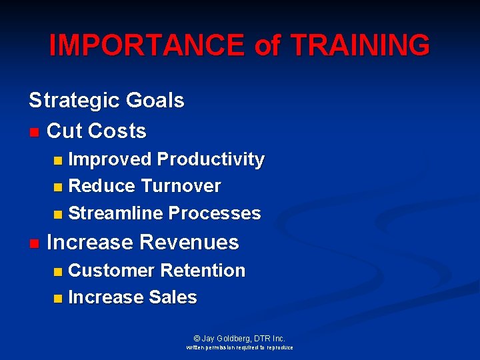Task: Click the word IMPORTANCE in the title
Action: point(147,45)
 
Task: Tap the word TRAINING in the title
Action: point(361,45)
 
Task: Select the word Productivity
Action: point(211,160)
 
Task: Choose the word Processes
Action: point(215,213)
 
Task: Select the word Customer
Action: point(111,271)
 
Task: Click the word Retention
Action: point(203,271)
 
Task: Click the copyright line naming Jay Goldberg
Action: point(239,338)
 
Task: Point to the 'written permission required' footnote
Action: point(239,348)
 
